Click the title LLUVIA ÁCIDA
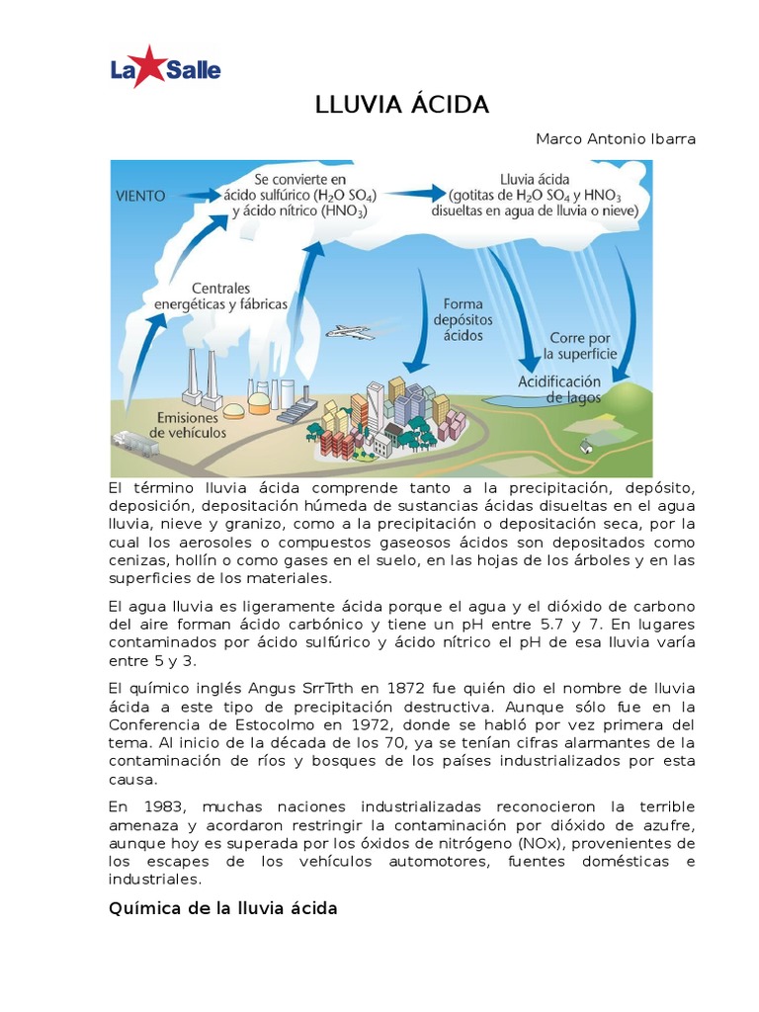tap(401, 106)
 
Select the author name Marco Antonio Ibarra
tap(615, 138)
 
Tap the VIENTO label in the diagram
tap(140, 196)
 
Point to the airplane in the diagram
tap(349, 332)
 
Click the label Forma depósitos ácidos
tap(463, 319)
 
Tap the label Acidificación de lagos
tap(559, 388)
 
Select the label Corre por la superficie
tap(583, 345)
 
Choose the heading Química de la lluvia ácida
tap(222, 907)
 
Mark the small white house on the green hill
tap(586, 447)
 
